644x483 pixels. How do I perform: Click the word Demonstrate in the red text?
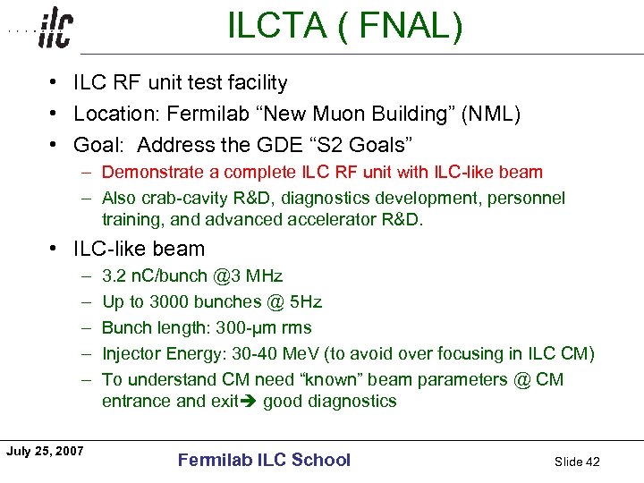(x=159, y=172)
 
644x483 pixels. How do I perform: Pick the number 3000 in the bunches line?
(x=170, y=301)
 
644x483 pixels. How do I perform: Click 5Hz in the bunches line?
(x=304, y=301)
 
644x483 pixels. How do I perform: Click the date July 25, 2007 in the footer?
(x=45, y=451)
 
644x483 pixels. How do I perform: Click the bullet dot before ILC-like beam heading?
(x=55, y=249)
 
